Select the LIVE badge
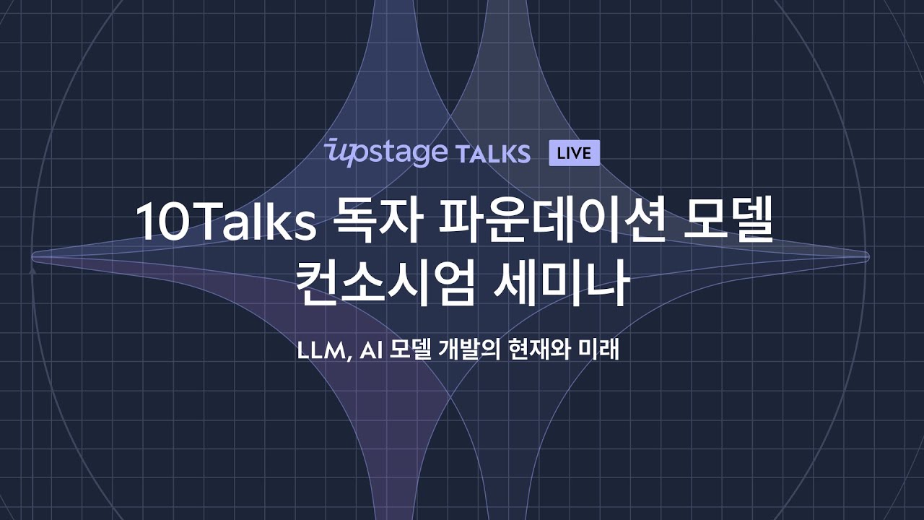[574, 153]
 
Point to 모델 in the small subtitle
[411, 351]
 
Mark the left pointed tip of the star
[33, 256]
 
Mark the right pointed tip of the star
[866, 256]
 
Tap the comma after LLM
[349, 358]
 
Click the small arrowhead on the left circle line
[32, 271]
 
